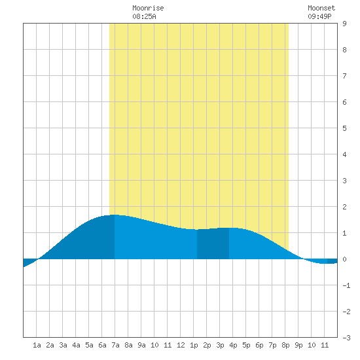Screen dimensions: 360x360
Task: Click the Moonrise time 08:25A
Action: [x=144, y=16]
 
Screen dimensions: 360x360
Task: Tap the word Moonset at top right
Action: [x=321, y=8]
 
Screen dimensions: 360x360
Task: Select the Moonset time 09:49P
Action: [x=319, y=16]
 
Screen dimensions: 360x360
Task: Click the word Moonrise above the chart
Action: [x=148, y=8]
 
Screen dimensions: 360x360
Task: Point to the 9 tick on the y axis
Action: [x=344, y=24]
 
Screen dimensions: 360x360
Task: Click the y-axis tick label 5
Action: [x=344, y=128]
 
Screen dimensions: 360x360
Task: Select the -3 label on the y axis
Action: [x=346, y=338]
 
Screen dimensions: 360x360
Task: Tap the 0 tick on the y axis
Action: [x=344, y=259]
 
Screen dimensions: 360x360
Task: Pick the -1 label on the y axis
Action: [x=346, y=285]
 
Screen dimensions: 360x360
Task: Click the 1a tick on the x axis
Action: [x=37, y=345]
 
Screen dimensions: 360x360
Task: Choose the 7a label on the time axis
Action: [x=115, y=345]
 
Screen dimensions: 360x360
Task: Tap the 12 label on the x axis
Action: [x=181, y=345]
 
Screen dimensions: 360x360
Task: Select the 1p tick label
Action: [x=194, y=345]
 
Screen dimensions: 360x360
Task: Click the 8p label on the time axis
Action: [x=285, y=345]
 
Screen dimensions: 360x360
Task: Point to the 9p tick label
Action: [x=298, y=345]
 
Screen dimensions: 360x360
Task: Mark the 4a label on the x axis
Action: [x=76, y=345]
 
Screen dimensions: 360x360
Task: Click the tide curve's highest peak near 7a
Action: [x=114, y=215]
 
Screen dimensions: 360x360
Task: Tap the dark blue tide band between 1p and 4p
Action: [x=213, y=244]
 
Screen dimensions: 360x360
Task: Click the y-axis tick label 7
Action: [x=344, y=76]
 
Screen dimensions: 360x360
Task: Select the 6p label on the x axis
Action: [x=259, y=345]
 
